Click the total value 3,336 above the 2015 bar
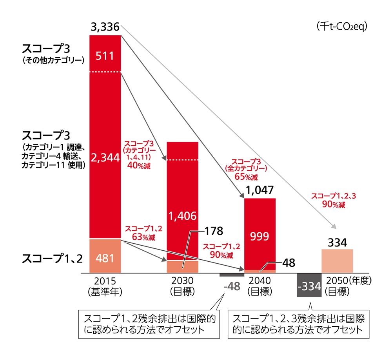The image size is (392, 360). [x=104, y=28]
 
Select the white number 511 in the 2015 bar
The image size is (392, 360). [x=105, y=56]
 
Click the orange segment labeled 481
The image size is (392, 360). [x=105, y=258]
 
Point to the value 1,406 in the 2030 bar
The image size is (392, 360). [x=182, y=216]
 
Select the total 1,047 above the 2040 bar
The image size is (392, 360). [x=260, y=191]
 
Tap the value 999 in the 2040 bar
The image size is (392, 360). [x=260, y=237]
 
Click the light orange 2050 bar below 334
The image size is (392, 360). [x=337, y=261]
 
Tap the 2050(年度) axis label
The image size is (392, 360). [x=348, y=281]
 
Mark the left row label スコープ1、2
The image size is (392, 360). [x=53, y=259]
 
